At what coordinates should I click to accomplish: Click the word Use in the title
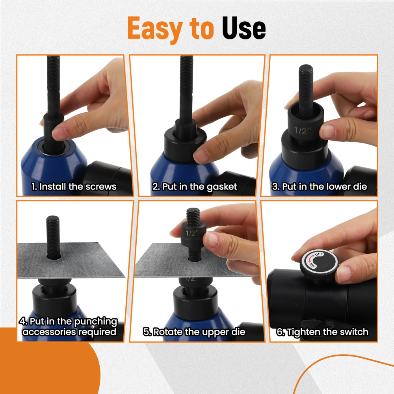pos(244,28)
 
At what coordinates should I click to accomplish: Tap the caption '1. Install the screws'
pos(74,186)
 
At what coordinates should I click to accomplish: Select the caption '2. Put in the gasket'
pos(195,186)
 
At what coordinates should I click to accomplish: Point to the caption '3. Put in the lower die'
pos(319,186)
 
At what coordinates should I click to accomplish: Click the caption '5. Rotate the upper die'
pos(194,332)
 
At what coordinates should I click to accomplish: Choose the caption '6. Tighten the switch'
pos(322,332)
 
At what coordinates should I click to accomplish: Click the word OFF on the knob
pos(319,255)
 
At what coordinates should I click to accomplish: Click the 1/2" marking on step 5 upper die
pos(191,233)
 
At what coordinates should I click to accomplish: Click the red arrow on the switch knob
pos(311,258)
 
